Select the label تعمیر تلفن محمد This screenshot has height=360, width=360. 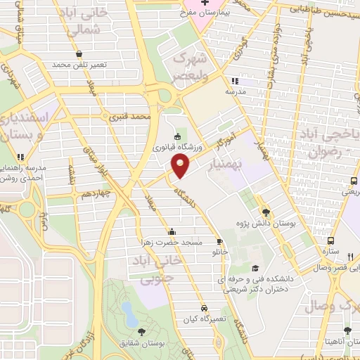pyautogui.click(x=78, y=64)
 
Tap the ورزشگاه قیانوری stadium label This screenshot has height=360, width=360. pyautogui.click(x=175, y=147)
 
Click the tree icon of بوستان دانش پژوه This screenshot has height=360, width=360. pyautogui.click(x=265, y=212)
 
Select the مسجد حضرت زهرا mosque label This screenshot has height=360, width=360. pyautogui.click(x=172, y=242)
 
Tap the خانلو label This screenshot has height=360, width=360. pyautogui.click(x=220, y=250)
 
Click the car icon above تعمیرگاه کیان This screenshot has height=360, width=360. pyautogui.click(x=203, y=308)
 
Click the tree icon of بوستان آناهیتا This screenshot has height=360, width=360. pyautogui.click(x=347, y=330)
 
